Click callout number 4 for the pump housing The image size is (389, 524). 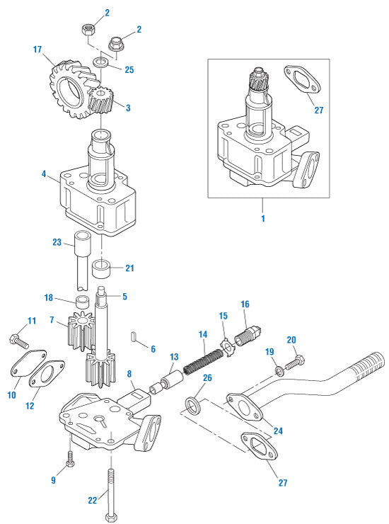pos(44,172)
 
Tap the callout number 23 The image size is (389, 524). pos(57,241)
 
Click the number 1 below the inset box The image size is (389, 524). pos(262,219)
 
